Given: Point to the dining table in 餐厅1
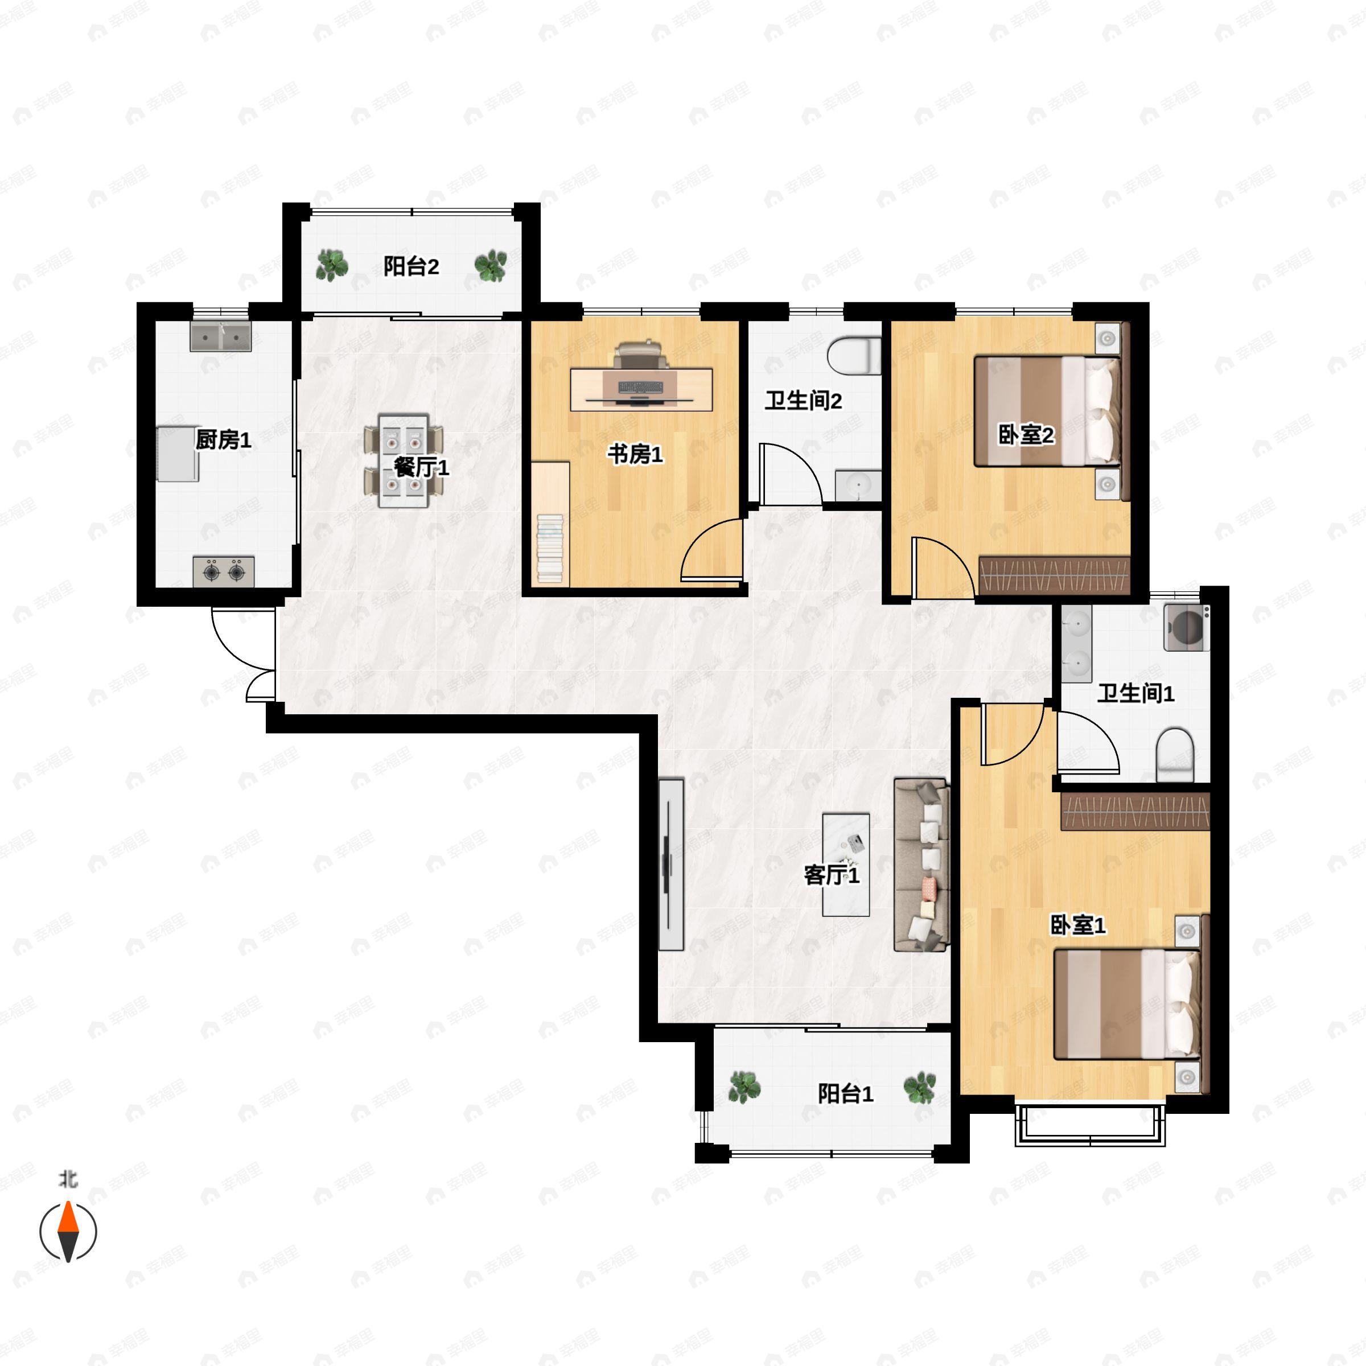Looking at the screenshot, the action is click(x=403, y=461).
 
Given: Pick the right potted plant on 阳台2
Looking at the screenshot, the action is click(x=490, y=265).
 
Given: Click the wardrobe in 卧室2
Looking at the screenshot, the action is click(x=1054, y=575).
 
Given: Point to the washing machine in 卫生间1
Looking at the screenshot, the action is click(x=1186, y=628).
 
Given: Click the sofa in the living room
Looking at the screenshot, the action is click(x=921, y=865).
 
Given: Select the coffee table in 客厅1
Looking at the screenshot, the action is click(x=846, y=864).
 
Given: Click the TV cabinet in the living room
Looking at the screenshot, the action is click(x=671, y=864).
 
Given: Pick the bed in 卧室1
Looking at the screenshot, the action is click(x=1128, y=1004).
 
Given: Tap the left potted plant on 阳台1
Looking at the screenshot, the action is click(x=744, y=1087).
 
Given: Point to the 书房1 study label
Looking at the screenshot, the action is click(x=635, y=455).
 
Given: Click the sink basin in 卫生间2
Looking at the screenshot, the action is click(x=858, y=485).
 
